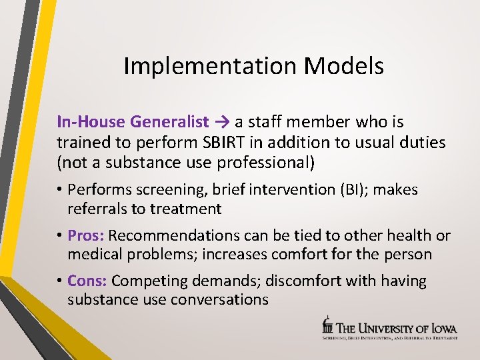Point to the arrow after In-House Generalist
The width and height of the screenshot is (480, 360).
click(221, 122)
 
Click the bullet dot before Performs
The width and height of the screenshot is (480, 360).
click(60, 190)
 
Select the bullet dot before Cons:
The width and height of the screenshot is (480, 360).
click(60, 281)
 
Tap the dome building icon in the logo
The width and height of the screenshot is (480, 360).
click(327, 325)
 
